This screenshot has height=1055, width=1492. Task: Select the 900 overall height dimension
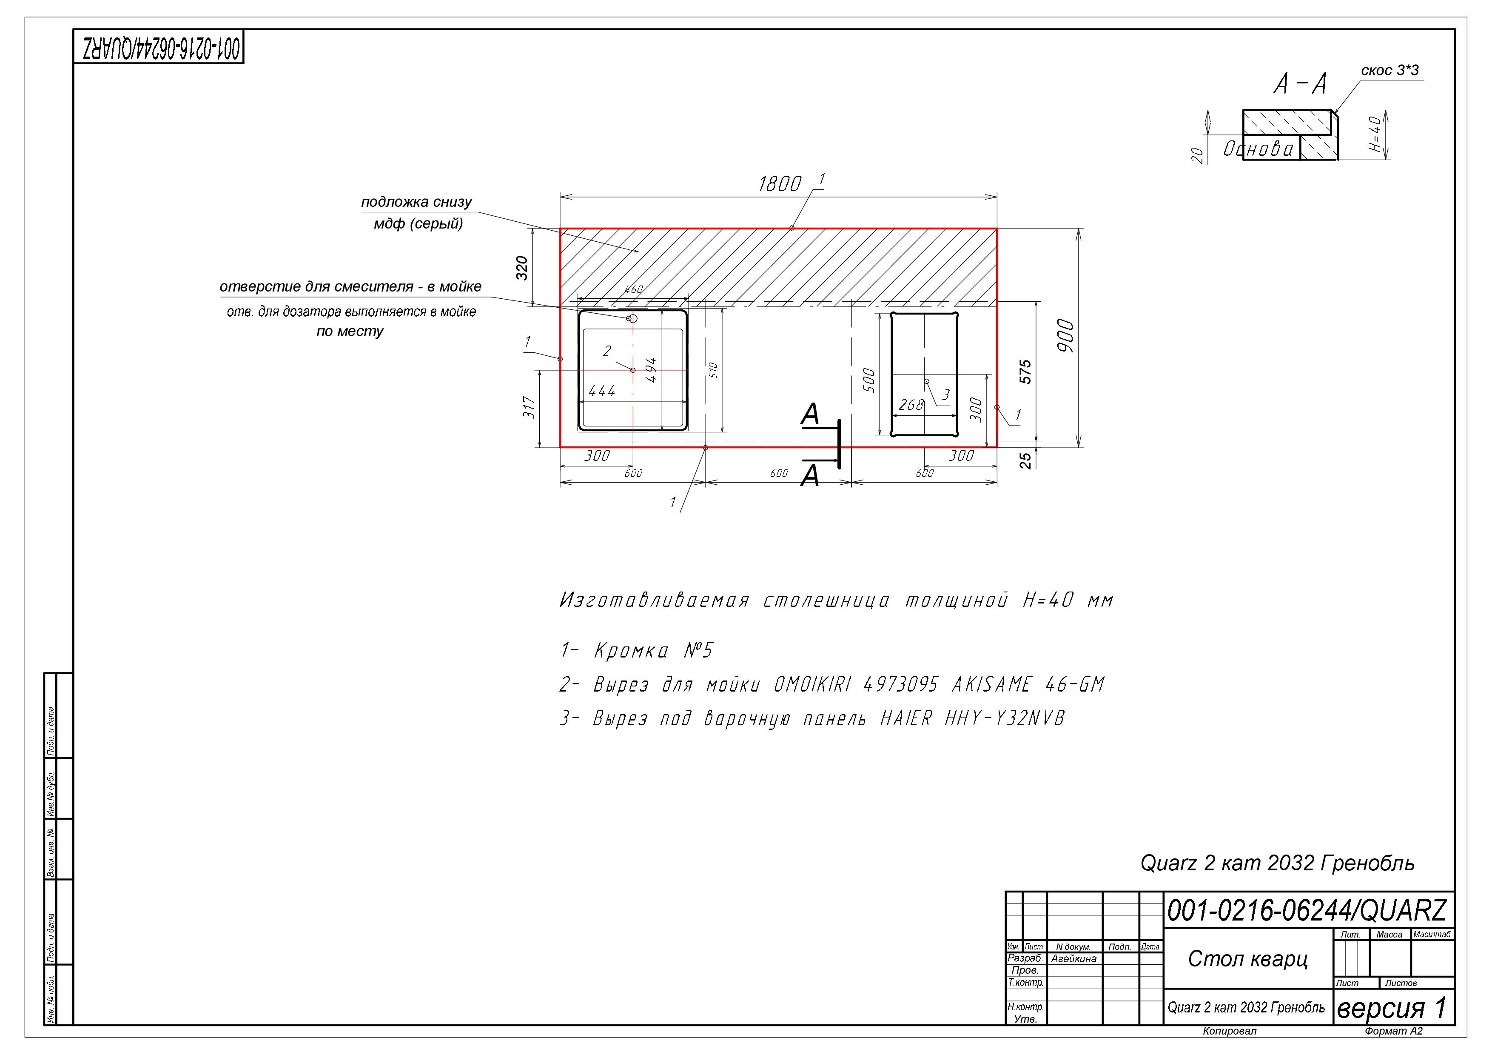1066,336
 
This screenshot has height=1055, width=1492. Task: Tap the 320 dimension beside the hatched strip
522,268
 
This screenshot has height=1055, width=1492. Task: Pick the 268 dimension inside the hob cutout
911,405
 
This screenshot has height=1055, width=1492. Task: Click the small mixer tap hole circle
632,318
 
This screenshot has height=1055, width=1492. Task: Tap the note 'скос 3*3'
1389,70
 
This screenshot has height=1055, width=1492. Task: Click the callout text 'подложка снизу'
416,202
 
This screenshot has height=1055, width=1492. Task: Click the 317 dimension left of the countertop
529,408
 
